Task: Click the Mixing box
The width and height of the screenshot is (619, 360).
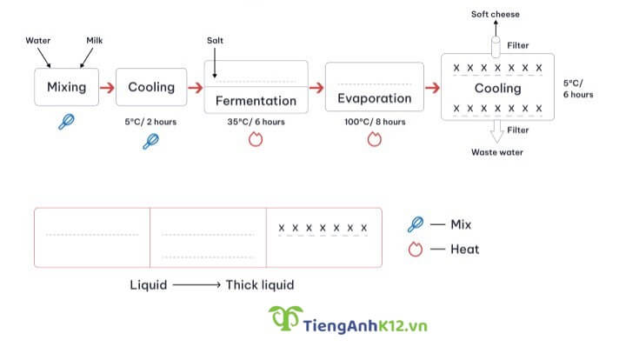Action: [x=66, y=87]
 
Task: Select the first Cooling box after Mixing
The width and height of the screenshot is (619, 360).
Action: [x=151, y=87]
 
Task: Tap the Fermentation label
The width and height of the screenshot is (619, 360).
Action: [x=256, y=101]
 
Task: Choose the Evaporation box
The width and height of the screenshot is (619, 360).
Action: [x=374, y=98]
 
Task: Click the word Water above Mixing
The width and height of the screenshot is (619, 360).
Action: [x=38, y=40]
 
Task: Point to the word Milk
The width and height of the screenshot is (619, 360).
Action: [x=95, y=40]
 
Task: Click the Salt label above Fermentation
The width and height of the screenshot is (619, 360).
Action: [x=216, y=41]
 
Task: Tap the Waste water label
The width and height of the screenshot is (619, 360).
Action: [x=497, y=152]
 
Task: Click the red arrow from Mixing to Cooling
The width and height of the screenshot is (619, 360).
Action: [x=106, y=87]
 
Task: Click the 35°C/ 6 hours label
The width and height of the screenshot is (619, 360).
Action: [x=256, y=122]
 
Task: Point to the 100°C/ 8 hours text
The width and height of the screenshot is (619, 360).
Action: [x=374, y=122]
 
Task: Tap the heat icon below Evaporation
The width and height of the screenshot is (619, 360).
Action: [x=374, y=139]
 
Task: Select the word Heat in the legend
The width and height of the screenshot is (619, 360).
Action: [x=464, y=249]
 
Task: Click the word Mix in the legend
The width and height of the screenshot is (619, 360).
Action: [x=461, y=224]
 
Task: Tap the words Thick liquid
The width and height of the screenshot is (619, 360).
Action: [x=260, y=284]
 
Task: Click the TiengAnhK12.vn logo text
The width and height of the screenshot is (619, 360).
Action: [x=366, y=326]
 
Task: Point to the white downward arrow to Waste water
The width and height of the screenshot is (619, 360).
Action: [x=498, y=131]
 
